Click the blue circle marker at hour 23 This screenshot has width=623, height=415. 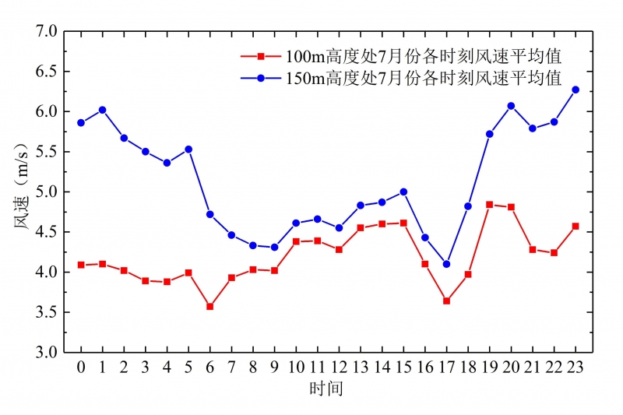click(575, 90)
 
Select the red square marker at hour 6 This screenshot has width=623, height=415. click(209, 307)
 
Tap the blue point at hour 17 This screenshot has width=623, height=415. click(446, 264)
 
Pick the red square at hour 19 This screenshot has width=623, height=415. click(489, 205)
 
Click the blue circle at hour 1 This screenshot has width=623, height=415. click(102, 110)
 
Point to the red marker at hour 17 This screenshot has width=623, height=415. click(446, 301)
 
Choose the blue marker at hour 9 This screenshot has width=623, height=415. click(274, 247)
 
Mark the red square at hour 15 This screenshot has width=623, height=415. click(403, 223)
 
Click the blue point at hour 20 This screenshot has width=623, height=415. click(511, 106)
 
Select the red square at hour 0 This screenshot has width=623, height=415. click(81, 265)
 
